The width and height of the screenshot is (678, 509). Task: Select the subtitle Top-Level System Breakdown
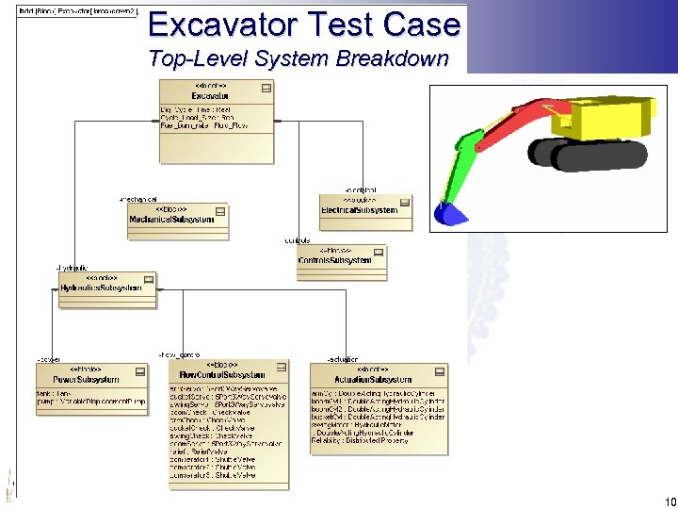point(299,59)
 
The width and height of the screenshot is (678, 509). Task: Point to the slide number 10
point(670,501)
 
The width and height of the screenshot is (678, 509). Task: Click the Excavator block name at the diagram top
point(210,96)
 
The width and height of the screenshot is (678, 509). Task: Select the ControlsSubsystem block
point(334,260)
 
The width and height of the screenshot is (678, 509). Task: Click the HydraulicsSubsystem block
point(101,287)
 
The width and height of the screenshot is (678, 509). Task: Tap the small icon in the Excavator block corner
point(266,88)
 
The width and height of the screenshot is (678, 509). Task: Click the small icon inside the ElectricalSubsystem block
point(404,202)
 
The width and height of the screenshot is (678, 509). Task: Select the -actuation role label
point(342,360)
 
